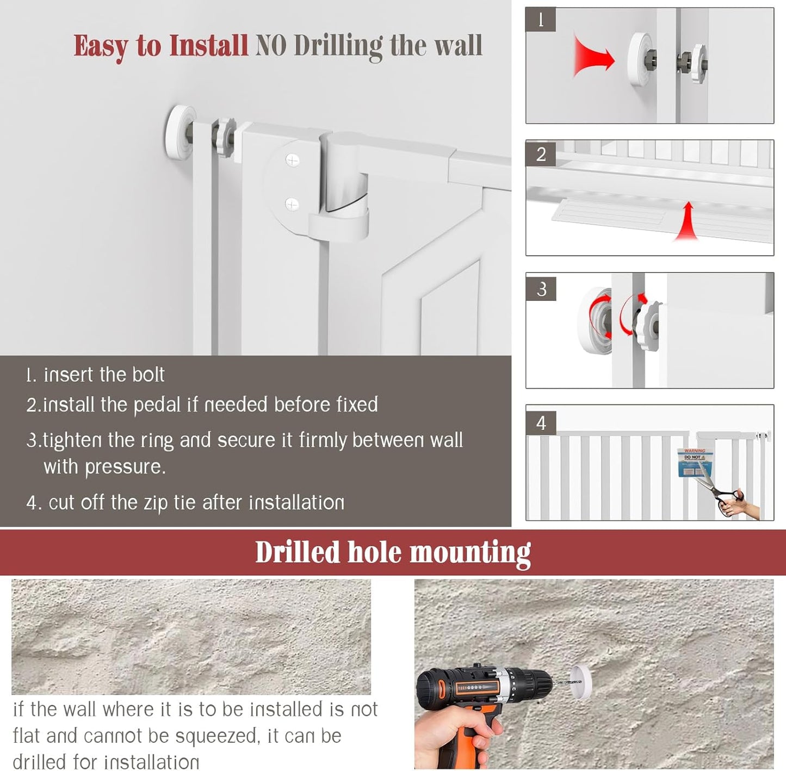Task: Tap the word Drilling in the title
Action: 338,46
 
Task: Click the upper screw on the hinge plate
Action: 293,160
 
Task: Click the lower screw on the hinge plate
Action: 292,205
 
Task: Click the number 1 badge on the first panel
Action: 540,20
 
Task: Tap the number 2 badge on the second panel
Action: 541,154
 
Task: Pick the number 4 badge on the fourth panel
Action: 541,423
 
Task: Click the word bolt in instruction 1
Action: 147,375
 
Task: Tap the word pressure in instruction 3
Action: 125,467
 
